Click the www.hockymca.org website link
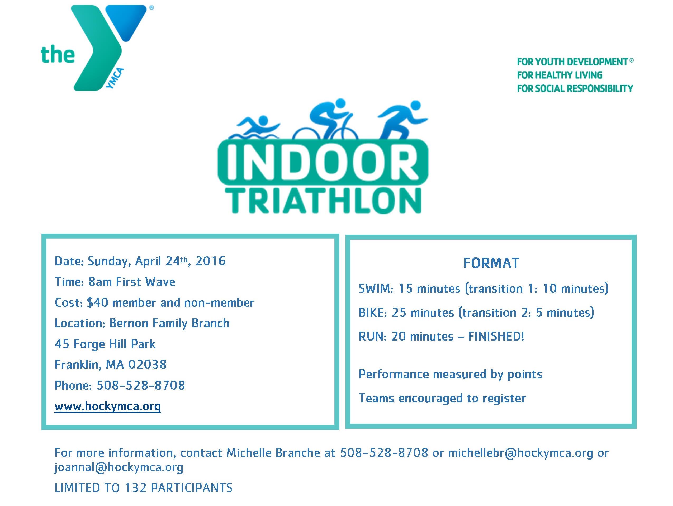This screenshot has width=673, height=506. tap(108, 406)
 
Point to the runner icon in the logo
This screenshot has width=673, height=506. tap(402, 122)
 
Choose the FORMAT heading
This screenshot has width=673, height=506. tap(491, 263)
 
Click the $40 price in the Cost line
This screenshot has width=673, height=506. tap(97, 302)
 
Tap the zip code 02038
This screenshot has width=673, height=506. tap(147, 365)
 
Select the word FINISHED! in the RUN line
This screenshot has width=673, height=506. tap(496, 336)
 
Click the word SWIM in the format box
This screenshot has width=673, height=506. tap(375, 289)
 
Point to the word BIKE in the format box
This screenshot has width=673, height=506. tap(372, 313)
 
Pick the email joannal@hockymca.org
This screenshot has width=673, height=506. tap(119, 467)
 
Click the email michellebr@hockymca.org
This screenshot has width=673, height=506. tap(520, 453)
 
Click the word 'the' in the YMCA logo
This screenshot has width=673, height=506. tap(58, 55)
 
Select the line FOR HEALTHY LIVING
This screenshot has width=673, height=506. tap(560, 75)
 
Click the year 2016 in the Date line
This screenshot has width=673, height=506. tap(210, 261)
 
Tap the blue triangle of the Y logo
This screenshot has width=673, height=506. tap(131, 21)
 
